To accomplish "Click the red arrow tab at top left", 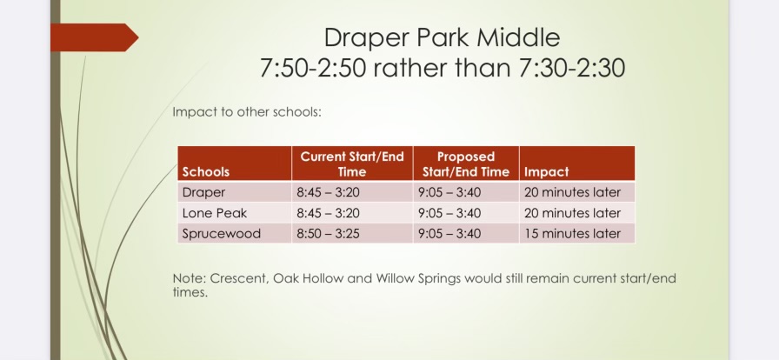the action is coord(95,37).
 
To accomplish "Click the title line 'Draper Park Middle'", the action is coord(443,37).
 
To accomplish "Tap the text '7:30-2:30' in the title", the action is coord(572,68).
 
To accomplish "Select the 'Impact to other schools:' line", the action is coord(247,112).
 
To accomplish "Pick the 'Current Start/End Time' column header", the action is coord(352,164).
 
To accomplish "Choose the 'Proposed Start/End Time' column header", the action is coord(466,164).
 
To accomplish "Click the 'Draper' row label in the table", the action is coord(203,192).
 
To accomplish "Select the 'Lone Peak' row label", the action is coord(215,213).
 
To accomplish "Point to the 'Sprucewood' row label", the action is coord(222,234).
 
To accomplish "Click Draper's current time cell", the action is coord(328,192).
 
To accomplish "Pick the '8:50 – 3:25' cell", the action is coord(328,234).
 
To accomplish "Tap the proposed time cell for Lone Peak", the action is coord(449,213).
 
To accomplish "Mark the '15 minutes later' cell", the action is coord(572,234).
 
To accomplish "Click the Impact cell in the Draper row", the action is coord(572,192).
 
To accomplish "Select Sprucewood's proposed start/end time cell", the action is coord(449,234).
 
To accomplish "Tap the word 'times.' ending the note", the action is coord(190,292).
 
